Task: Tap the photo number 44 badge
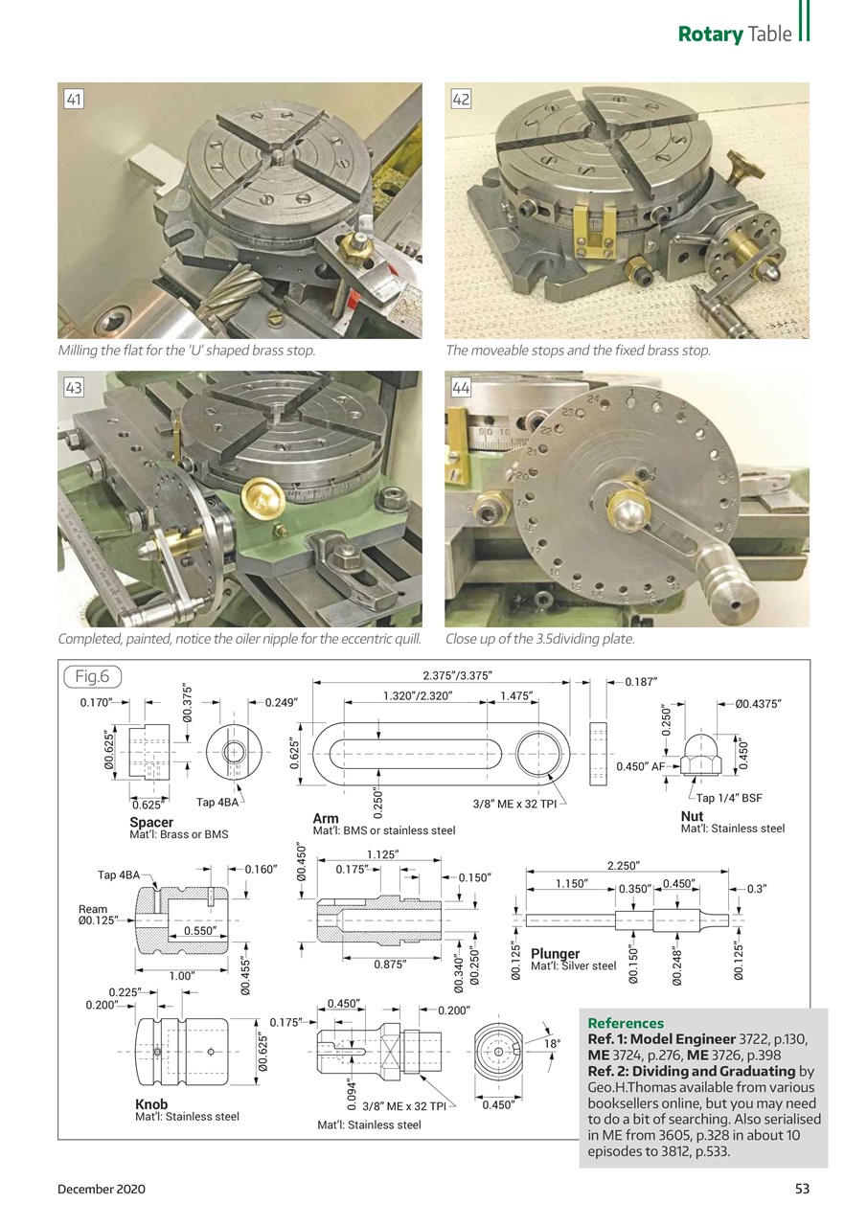tap(461, 387)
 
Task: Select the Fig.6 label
tap(93, 677)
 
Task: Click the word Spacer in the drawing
tap(151, 823)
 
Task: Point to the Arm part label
tap(326, 819)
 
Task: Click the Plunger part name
tap(556, 954)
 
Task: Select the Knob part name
tap(151, 1105)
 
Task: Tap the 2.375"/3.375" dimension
tap(457, 677)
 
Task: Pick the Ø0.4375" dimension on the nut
tap(759, 704)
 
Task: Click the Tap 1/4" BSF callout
tap(729, 798)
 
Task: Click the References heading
tap(625, 1023)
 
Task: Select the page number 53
tap(802, 1189)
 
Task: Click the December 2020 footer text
tap(102, 1189)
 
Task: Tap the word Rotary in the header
tap(710, 34)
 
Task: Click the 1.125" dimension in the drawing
tap(383, 854)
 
